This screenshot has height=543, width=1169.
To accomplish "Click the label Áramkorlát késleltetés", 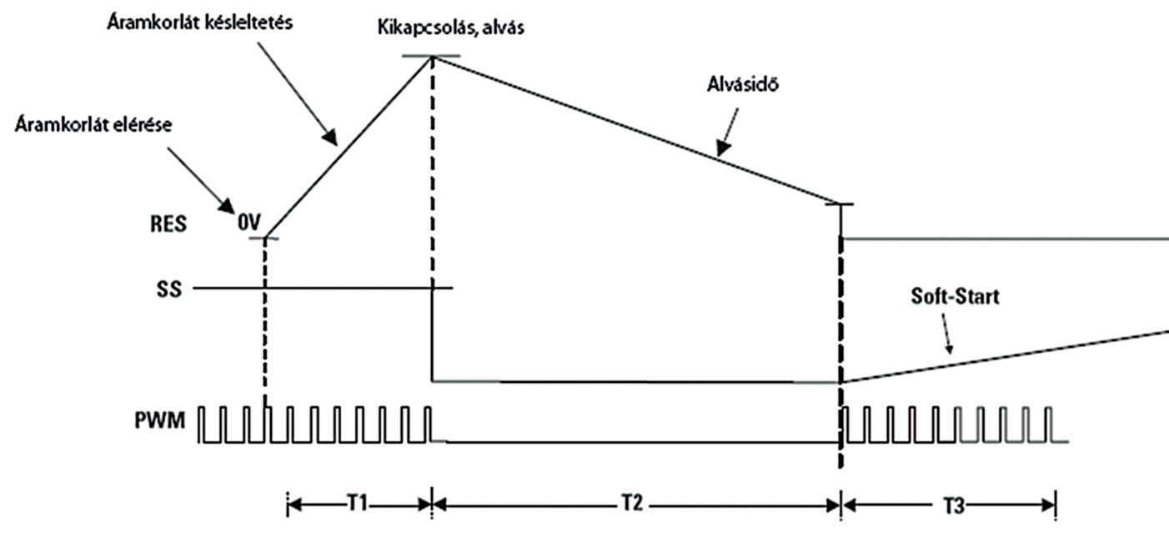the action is pyautogui.click(x=200, y=23).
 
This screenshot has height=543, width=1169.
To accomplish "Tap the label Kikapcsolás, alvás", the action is pyautogui.click(x=451, y=28).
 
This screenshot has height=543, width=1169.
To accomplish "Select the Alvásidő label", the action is pyautogui.click(x=743, y=83).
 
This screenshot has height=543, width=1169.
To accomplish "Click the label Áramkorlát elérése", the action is pyautogui.click(x=93, y=125).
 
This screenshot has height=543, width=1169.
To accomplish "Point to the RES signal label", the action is pyautogui.click(x=168, y=224).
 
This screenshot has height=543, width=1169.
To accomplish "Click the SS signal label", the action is pyautogui.click(x=169, y=289).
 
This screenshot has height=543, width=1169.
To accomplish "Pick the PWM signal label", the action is pyautogui.click(x=160, y=420).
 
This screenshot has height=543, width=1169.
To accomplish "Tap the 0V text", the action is pyautogui.click(x=249, y=223).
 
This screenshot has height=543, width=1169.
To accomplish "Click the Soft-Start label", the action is pyautogui.click(x=955, y=296).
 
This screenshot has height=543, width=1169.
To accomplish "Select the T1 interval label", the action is pyautogui.click(x=358, y=503).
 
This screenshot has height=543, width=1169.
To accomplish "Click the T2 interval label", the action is pyautogui.click(x=632, y=503).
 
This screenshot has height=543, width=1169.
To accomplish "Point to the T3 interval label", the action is pyautogui.click(x=954, y=505).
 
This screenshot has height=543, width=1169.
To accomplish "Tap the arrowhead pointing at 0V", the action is pyautogui.click(x=227, y=206).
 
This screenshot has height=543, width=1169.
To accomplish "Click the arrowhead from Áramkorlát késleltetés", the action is pyautogui.click(x=330, y=137).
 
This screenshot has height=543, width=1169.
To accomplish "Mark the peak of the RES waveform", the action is pyautogui.click(x=432, y=57).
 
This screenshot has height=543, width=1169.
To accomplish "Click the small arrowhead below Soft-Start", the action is pyautogui.click(x=949, y=349).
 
